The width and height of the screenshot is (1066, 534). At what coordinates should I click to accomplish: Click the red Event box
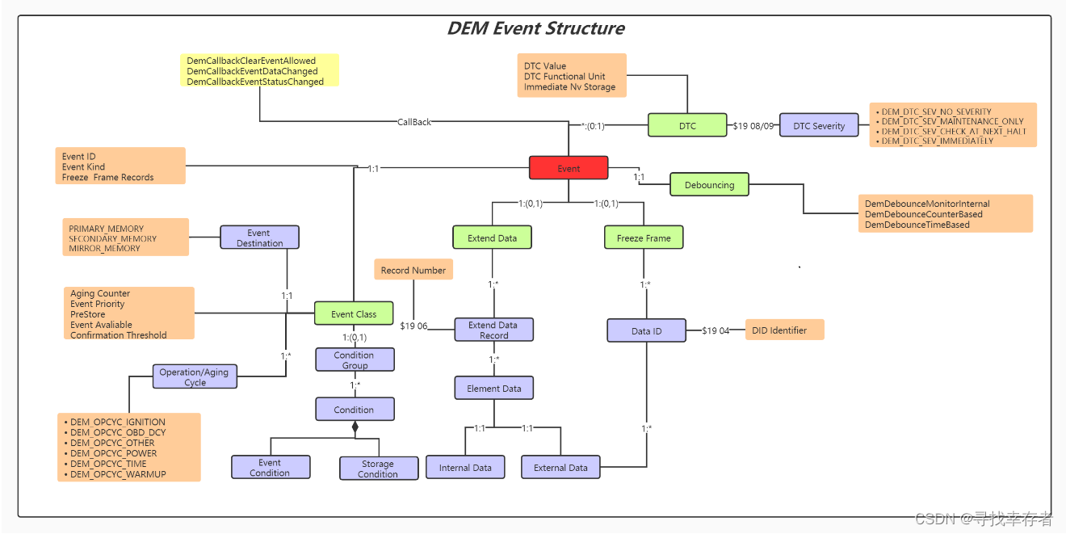click(x=568, y=168)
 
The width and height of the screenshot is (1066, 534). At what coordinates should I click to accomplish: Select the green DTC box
click(x=686, y=125)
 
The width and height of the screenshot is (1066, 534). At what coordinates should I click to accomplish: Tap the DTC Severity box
click(x=818, y=125)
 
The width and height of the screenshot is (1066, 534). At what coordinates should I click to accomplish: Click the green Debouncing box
click(x=709, y=184)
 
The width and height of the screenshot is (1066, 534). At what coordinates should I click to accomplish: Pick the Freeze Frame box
click(x=644, y=238)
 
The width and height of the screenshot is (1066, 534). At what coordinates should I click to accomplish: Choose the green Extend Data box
click(x=492, y=238)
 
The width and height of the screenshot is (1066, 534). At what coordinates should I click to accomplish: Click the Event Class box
click(x=354, y=313)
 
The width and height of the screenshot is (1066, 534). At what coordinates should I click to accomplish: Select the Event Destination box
click(x=259, y=238)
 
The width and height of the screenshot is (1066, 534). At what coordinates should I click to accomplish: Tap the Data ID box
click(x=646, y=330)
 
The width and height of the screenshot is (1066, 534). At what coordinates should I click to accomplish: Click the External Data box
click(x=560, y=467)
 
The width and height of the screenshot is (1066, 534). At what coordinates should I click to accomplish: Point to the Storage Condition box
click(x=378, y=469)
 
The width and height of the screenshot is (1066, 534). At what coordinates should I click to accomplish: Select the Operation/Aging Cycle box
click(x=194, y=376)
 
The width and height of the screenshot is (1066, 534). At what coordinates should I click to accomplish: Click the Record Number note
click(x=413, y=270)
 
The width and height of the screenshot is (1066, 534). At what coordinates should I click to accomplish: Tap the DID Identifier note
click(x=779, y=330)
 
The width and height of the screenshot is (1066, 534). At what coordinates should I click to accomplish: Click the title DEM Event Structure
click(x=535, y=28)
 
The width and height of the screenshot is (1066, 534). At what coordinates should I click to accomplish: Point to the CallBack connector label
click(x=414, y=122)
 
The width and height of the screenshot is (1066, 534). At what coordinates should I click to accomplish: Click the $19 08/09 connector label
click(x=753, y=125)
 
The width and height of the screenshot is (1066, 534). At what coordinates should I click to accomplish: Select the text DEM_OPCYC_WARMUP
click(x=118, y=474)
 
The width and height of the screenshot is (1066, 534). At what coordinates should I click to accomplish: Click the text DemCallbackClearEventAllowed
click(x=251, y=61)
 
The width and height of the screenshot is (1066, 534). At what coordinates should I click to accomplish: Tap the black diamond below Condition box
click(x=355, y=427)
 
